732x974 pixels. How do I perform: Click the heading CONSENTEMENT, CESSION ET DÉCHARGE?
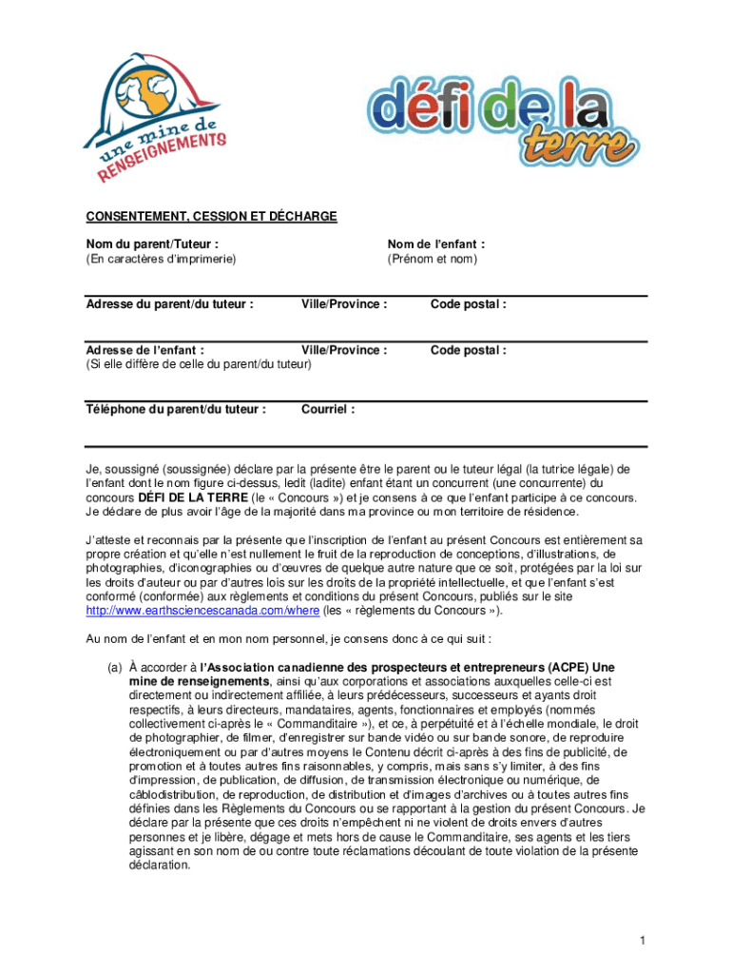211,217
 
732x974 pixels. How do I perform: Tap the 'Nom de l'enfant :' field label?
435,244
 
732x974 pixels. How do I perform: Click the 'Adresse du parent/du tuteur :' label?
169,304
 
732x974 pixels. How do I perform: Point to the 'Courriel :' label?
328,410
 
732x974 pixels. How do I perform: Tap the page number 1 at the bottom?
643,942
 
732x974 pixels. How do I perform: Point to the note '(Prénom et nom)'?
432,259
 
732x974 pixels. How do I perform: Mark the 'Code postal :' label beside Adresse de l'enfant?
468,350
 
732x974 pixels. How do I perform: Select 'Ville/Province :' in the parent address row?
344,304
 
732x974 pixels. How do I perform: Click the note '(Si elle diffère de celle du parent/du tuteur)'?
198,364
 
